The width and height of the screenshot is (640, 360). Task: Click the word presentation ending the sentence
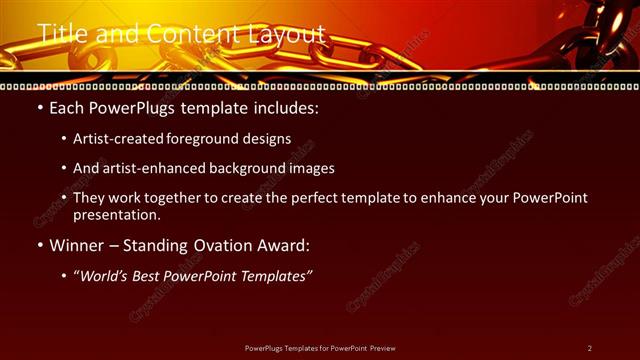tap(116, 214)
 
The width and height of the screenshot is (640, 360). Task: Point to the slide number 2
tap(589, 348)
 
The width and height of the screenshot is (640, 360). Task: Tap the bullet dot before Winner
tap(38, 245)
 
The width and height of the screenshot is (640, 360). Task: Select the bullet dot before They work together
tap(63, 198)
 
